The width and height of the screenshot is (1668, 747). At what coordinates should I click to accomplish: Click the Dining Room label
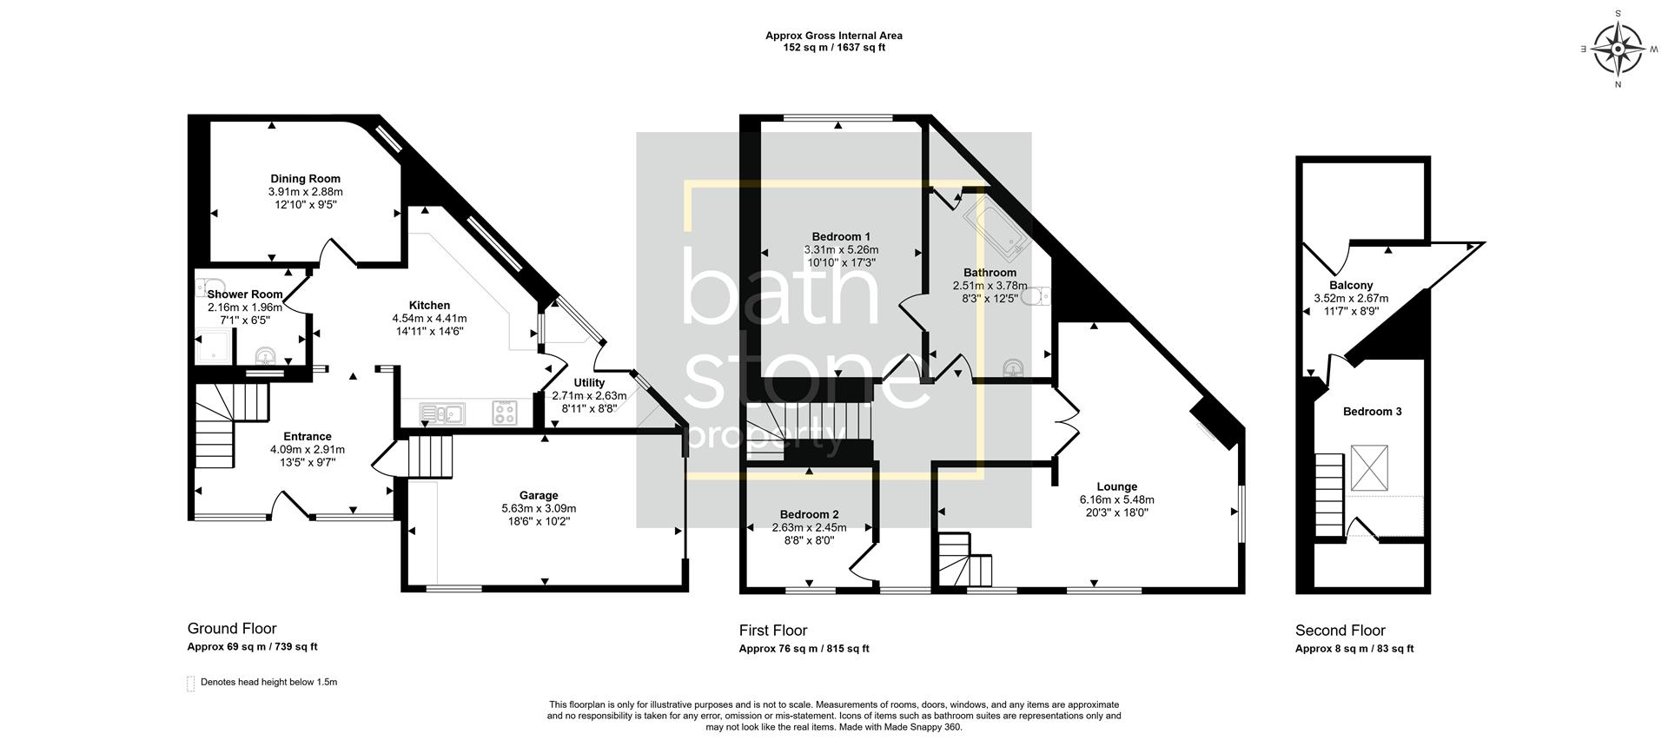305,179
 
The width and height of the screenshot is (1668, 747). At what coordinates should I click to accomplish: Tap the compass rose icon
1618,49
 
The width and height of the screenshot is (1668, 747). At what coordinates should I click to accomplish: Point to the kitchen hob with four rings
505,413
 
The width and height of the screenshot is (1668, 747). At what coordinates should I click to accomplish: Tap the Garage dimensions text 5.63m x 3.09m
539,509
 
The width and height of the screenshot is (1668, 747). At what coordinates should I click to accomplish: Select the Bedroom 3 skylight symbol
1368,469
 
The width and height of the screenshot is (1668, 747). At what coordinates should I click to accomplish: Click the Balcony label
1351,286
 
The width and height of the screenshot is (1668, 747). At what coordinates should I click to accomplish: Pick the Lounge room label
1116,487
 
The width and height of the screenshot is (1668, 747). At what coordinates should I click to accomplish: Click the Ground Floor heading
232,629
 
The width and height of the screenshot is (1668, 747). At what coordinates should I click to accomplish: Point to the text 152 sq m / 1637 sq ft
833,48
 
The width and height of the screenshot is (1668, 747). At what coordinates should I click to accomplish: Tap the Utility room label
589,383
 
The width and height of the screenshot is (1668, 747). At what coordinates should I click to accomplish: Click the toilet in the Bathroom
1036,297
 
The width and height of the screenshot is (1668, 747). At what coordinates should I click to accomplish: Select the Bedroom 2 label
809,514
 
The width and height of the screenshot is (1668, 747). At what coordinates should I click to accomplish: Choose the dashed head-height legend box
190,684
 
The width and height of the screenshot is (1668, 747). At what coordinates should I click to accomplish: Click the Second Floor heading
1340,631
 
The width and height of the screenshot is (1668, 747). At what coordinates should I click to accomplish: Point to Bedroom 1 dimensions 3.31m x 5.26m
841,249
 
